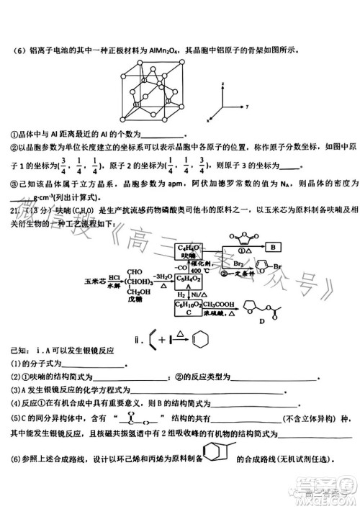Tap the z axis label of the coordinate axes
click(225, 85)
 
